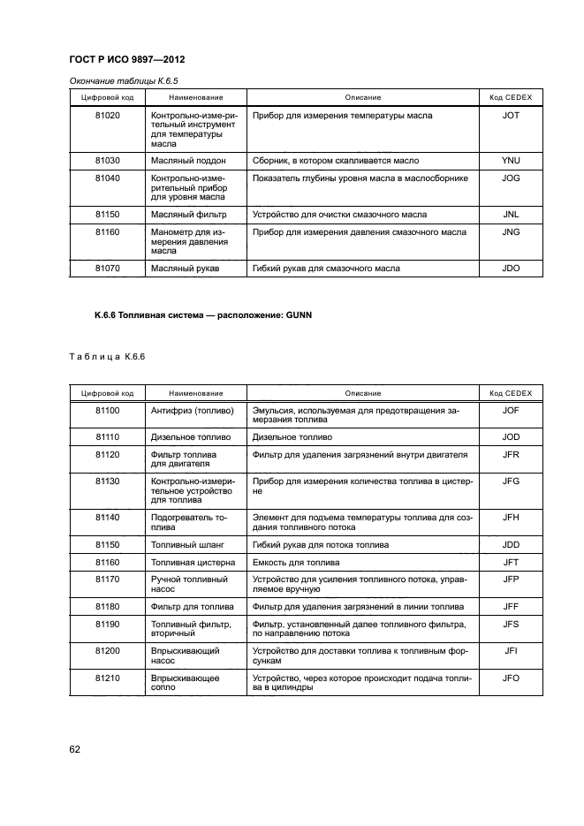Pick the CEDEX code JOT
tap(510, 116)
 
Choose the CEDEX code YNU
tap(510, 161)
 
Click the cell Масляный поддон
tap(189, 161)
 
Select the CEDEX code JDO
tap(510, 267)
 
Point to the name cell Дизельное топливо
tap(191, 436)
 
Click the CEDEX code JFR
tap(510, 454)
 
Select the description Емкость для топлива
tap(297, 562)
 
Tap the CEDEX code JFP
tap(510, 580)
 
